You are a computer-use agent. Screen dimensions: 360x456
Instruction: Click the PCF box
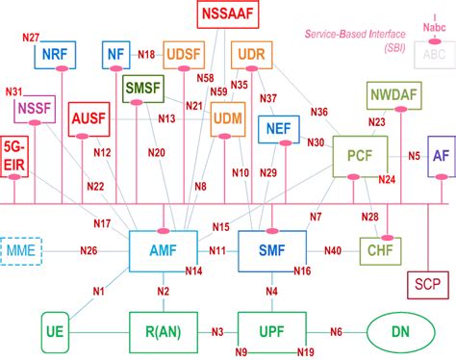coord(359,154)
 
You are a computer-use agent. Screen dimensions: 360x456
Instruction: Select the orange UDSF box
coord(184,55)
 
